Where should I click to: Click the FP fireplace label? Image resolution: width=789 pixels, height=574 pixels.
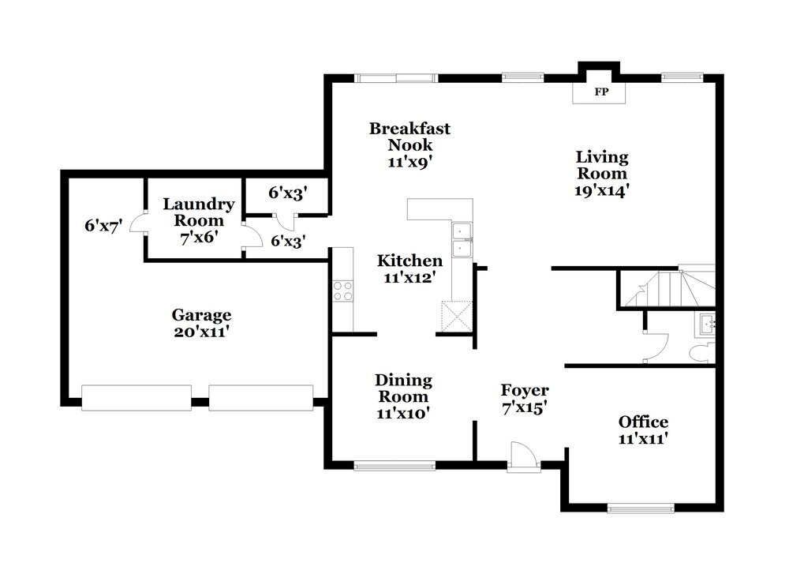tap(601, 92)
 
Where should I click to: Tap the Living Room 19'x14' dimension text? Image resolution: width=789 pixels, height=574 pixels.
tap(601, 190)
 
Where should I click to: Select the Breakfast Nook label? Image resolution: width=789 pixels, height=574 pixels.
tap(409, 137)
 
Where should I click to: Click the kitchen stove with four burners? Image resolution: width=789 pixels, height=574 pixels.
tap(343, 291)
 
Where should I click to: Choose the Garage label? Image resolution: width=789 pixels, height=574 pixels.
tap(202, 315)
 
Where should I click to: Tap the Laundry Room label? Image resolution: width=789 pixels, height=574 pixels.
tap(198, 212)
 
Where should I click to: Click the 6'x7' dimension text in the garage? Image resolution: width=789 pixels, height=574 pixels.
tap(104, 226)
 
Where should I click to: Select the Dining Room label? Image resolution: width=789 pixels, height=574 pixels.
tap(403, 388)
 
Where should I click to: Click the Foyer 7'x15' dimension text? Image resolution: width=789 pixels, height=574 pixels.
tap(525, 408)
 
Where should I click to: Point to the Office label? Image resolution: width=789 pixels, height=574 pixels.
tap(643, 422)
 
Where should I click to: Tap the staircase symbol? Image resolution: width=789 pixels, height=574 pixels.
tap(667, 289)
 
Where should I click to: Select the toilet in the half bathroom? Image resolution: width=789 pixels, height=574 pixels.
tap(700, 352)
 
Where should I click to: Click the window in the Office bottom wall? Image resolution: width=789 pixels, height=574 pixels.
tap(640, 507)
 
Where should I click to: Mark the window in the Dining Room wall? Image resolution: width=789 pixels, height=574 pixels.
tap(394, 466)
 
